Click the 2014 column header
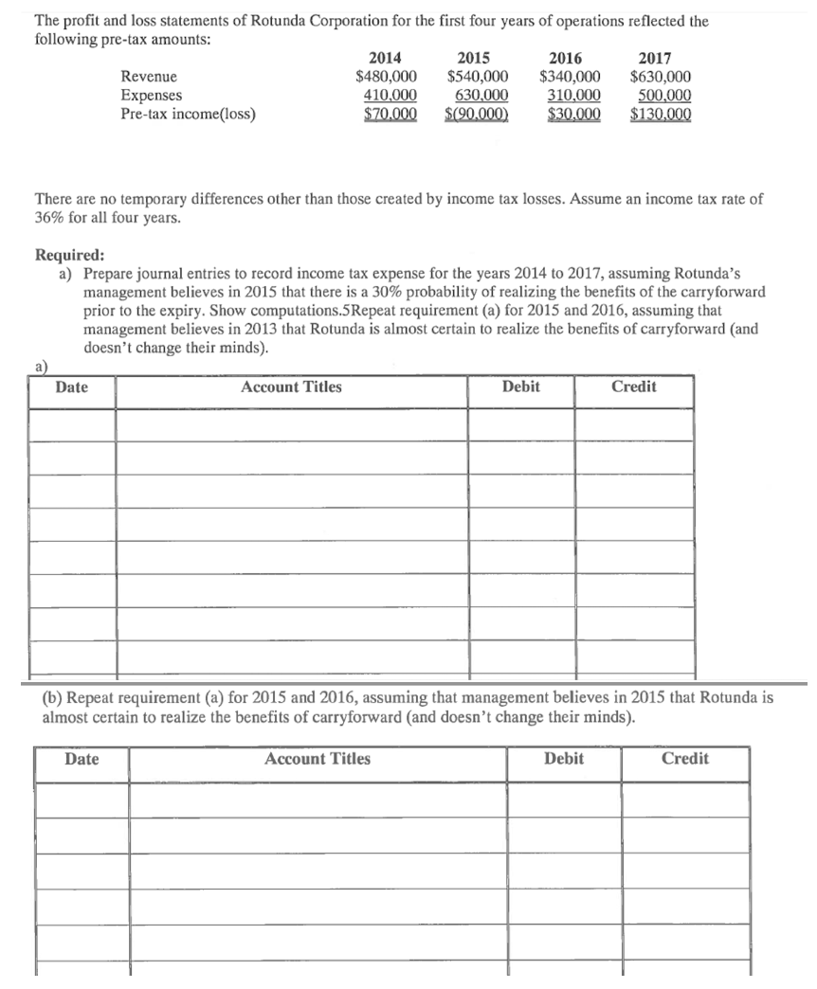(x=384, y=58)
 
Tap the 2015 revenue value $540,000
(x=478, y=77)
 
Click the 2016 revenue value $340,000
(x=570, y=77)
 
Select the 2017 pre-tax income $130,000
(x=661, y=115)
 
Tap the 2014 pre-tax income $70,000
(x=386, y=115)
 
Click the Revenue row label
(x=149, y=77)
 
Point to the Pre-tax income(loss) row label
(x=188, y=115)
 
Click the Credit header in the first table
(x=633, y=387)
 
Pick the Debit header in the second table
(x=564, y=759)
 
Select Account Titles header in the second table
(x=318, y=759)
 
